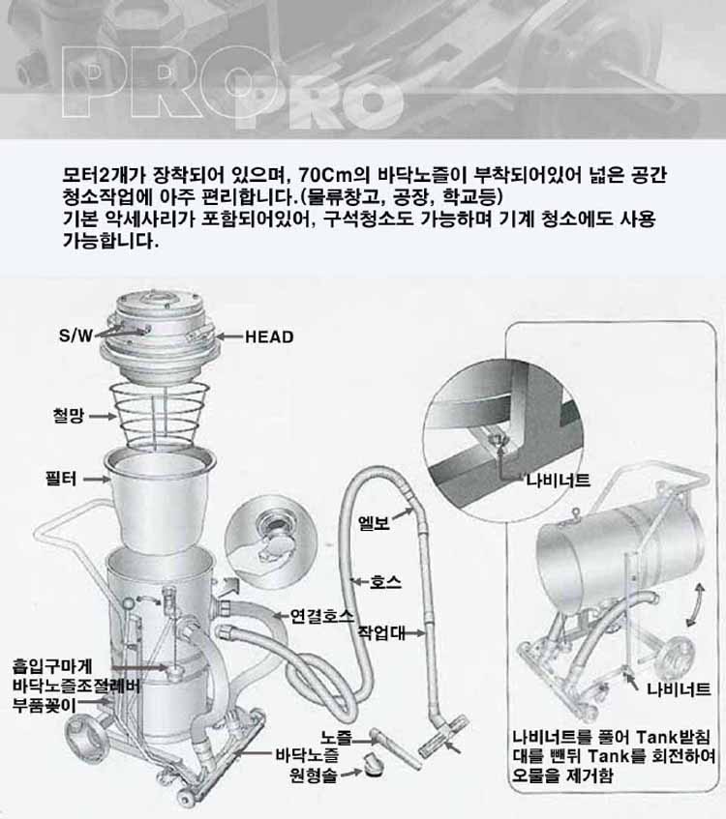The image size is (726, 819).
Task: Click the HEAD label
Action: pos(269,336)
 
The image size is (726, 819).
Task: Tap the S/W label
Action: pos(76,336)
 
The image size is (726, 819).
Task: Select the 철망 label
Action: pos(69,416)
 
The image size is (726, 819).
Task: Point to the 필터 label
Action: pos(61,479)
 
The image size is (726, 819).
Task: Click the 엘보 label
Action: pos(374,523)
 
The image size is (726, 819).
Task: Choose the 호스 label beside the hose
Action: pos(385,582)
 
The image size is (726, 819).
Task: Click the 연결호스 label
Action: pos(322,616)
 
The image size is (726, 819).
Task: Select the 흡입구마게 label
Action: pos(52,666)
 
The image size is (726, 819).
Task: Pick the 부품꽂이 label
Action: pos(45,705)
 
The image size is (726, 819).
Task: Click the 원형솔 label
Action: pos(314,775)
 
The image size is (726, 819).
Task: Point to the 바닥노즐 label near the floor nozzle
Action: pos(308,755)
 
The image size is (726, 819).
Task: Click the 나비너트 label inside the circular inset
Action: pos(559,480)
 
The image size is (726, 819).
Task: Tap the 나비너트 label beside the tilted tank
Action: pos(679,688)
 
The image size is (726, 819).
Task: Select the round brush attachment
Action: pos(371,764)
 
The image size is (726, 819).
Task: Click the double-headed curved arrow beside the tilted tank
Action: pos(695,605)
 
